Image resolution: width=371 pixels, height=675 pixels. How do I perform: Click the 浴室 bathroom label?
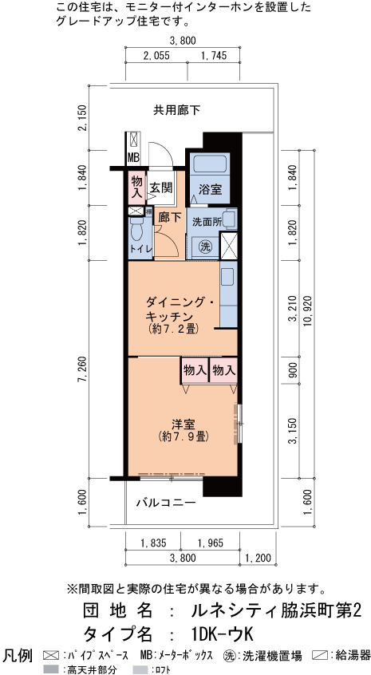point(211,189)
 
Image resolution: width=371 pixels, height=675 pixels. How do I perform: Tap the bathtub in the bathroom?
point(211,164)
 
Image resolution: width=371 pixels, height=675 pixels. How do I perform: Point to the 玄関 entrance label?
point(160,187)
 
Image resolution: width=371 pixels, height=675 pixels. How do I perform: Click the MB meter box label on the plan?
point(133,159)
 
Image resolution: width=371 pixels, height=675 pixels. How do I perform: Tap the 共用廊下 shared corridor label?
point(177,111)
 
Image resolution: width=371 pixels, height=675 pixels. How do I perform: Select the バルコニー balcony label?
point(167,503)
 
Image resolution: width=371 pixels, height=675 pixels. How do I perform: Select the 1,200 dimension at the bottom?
point(258,559)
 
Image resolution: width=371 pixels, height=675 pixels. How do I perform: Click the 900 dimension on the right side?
point(293,371)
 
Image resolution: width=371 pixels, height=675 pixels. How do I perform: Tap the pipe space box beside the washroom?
point(228,246)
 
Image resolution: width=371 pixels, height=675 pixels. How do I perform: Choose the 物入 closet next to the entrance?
point(137,187)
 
